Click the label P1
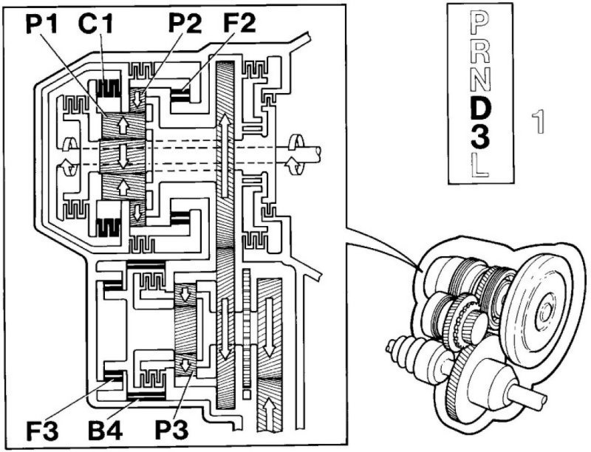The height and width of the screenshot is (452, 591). coord(44,24)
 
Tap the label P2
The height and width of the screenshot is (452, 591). coord(185,24)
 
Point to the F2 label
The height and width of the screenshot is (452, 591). coord(237,24)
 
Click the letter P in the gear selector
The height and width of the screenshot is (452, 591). coord(479,26)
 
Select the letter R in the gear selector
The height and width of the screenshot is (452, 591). coord(479,52)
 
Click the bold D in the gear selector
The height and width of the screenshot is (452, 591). coord(479,109)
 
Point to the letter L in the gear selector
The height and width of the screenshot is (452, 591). coord(479,166)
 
